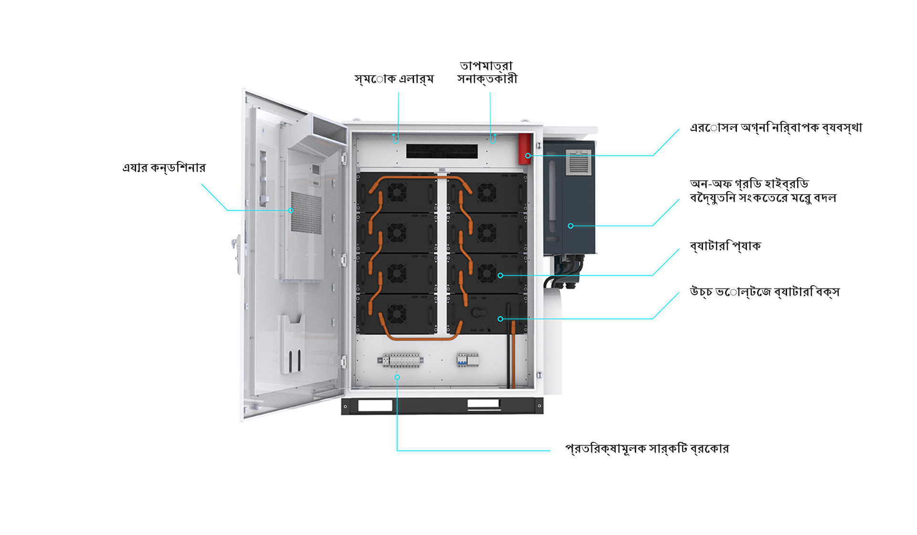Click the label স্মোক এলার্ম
(394, 79)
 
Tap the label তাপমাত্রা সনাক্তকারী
(487, 73)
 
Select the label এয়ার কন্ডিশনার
(164, 168)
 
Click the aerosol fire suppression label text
(776, 128)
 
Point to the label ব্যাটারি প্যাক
(725, 246)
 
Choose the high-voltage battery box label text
(764, 292)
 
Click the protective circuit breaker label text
(647, 449)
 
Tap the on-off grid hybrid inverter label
(763, 191)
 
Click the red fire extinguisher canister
(524, 149)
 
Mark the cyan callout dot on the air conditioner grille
(290, 210)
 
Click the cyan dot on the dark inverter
(570, 226)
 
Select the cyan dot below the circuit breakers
(397, 377)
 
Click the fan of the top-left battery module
(396, 193)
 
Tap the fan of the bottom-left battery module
(396, 314)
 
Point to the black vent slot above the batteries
(442, 151)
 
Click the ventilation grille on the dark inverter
(578, 163)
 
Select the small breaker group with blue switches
(468, 360)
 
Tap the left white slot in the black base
(375, 406)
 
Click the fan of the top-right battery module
(487, 193)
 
